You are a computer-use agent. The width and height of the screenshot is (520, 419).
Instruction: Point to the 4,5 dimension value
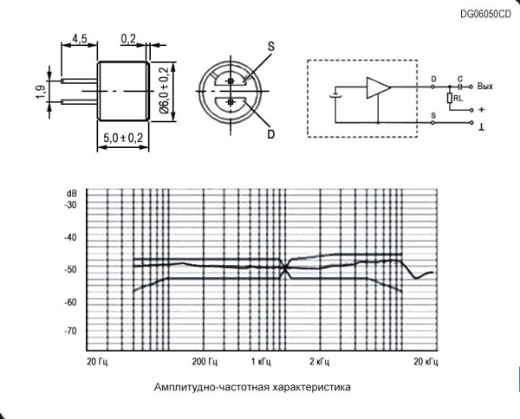click(x=79, y=39)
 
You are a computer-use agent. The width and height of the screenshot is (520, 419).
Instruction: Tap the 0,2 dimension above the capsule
click(x=129, y=39)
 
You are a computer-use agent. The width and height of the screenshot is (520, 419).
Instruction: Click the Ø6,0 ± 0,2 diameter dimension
click(x=163, y=89)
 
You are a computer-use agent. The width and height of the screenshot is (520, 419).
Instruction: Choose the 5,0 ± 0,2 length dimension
click(x=123, y=138)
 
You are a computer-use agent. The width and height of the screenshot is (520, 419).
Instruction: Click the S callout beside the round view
click(x=270, y=45)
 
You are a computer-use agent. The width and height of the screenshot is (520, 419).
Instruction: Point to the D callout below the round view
click(x=270, y=135)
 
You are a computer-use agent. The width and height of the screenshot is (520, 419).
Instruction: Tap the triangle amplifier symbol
click(x=378, y=88)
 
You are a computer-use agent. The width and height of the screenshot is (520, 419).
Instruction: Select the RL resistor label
click(x=457, y=99)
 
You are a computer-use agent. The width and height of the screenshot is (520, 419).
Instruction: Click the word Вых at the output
click(x=485, y=87)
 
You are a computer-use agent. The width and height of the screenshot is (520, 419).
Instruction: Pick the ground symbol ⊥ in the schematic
click(x=480, y=127)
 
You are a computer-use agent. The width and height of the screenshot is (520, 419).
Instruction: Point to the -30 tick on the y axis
click(x=70, y=205)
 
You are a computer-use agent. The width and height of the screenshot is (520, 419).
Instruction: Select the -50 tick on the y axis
click(x=70, y=269)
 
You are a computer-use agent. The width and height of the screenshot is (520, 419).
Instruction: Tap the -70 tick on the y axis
click(x=70, y=332)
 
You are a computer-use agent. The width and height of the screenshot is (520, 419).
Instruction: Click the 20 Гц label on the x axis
click(x=96, y=359)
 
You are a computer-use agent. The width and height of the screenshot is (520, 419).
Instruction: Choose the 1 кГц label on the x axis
click(x=261, y=359)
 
